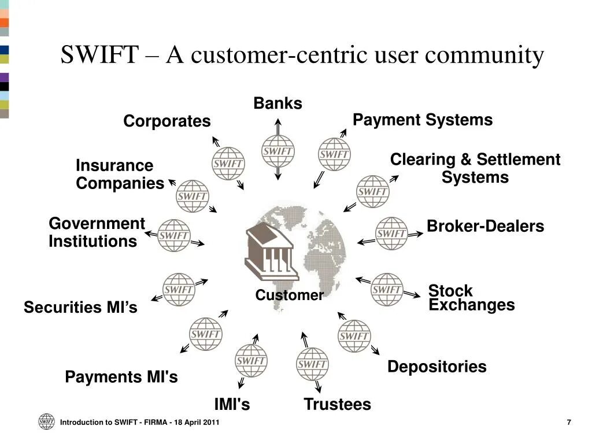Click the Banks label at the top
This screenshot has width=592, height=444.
pos(277,103)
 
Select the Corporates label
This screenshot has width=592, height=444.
pos(166,121)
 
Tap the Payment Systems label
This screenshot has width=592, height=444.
pos(423,120)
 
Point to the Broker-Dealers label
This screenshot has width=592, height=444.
pos(485,227)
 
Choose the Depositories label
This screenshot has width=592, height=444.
pos(436,367)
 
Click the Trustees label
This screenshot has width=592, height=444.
pos(337,405)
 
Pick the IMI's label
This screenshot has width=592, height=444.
pos(232,405)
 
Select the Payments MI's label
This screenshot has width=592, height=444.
pos(121,378)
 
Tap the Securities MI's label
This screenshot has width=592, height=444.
pos(80,308)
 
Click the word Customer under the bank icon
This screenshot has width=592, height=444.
pos(289,295)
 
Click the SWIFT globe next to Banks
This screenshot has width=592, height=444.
pos(278,151)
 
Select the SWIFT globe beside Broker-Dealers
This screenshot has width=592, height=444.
pos(391,234)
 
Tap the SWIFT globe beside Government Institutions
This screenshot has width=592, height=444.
pos(173,235)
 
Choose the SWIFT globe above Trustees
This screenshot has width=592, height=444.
pos(312,364)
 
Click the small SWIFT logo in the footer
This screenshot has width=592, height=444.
pos(46,422)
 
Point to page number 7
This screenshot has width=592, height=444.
pos(569,423)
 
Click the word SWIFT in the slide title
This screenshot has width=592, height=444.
pos(99,55)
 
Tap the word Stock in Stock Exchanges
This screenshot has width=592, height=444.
pos(450,290)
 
